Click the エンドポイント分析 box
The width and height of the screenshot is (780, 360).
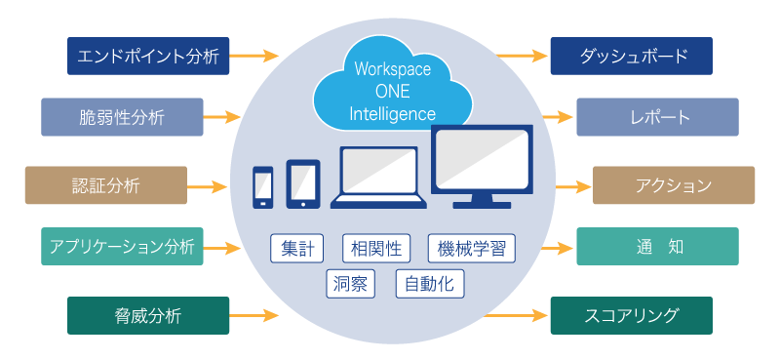[x=148, y=56]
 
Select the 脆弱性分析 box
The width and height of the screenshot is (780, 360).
[x=122, y=117]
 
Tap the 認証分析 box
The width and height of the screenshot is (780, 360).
[x=105, y=185]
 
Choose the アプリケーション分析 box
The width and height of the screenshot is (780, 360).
[x=122, y=247]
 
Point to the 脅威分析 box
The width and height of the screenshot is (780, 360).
[x=148, y=315]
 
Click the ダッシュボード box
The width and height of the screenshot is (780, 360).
[x=631, y=56]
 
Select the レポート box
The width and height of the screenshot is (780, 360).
[x=657, y=117]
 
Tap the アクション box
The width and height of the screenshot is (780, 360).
[x=674, y=185]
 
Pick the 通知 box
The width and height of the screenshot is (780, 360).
[x=657, y=247]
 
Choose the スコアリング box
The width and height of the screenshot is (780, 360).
[x=631, y=315]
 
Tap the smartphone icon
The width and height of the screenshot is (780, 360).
[x=263, y=186]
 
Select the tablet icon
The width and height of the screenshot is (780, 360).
[x=303, y=183]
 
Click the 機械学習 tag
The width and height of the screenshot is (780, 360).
[x=471, y=248]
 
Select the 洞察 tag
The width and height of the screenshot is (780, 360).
[x=352, y=284]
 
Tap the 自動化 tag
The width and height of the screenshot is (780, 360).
[x=430, y=284]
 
